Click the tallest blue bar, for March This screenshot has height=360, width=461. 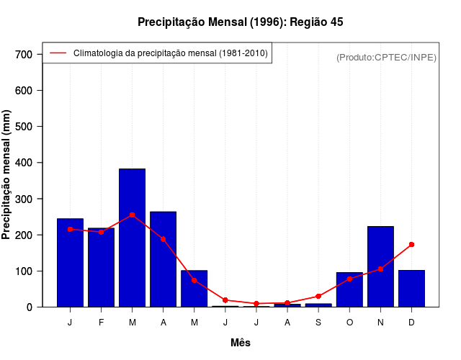[132, 238]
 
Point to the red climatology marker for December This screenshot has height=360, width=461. [411, 245]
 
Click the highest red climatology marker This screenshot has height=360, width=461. [132, 215]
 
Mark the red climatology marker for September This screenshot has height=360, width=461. [318, 296]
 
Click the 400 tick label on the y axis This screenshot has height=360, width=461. [24, 163]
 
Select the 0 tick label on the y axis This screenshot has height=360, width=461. [30, 307]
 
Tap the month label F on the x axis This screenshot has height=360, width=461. [101, 323]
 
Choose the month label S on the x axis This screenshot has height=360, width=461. [318, 323]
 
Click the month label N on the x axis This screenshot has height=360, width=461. [380, 323]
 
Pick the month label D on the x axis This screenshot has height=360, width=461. [411, 323]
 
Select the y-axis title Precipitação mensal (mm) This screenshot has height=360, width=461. [7, 175]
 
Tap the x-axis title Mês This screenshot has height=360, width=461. [240, 343]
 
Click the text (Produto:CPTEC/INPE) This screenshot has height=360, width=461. [386, 57]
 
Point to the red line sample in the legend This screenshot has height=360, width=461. [58, 53]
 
